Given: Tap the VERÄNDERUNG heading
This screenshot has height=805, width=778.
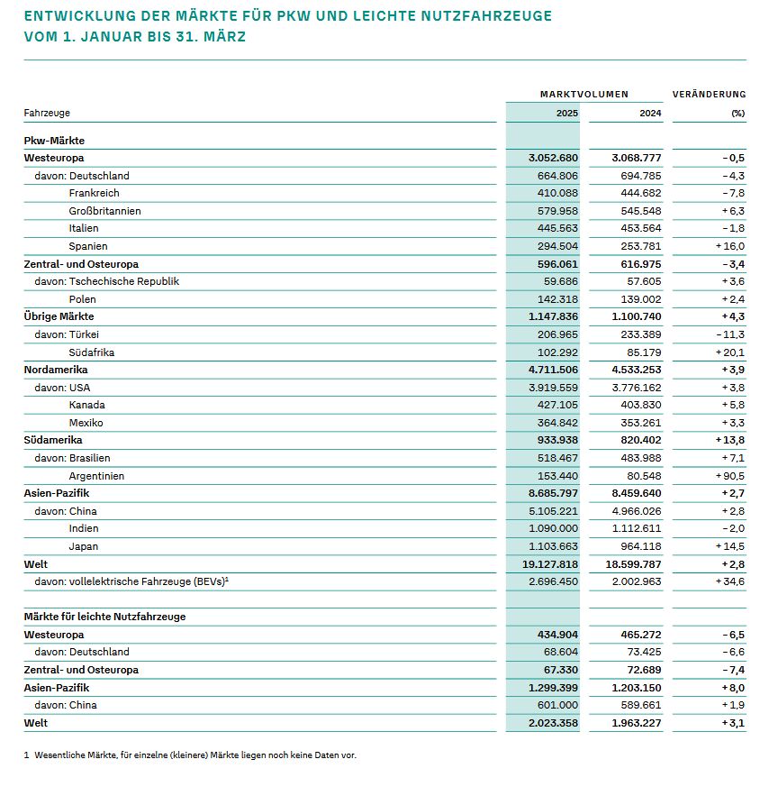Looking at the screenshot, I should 709,94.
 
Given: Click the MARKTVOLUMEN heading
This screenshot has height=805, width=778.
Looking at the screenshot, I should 584,94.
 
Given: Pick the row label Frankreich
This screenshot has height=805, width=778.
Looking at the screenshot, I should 94,193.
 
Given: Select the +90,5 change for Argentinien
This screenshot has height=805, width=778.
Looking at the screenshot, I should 728,475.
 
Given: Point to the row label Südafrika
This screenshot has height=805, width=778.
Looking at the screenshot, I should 92,352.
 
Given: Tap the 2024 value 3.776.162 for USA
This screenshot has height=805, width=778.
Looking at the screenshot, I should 637,387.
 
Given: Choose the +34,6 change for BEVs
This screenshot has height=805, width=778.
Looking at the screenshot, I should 728,581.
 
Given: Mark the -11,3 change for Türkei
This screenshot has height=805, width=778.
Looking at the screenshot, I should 730,334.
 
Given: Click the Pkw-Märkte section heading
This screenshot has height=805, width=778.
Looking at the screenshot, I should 54,140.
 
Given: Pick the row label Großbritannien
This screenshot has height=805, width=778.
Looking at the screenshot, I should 104,211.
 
